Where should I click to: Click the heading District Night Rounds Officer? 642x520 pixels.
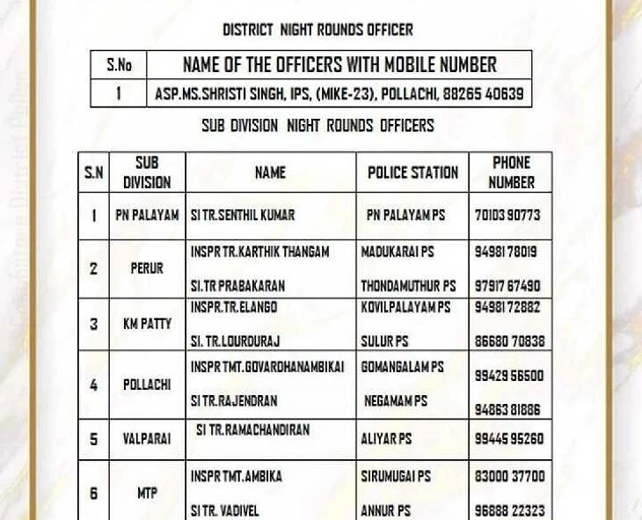[317, 30]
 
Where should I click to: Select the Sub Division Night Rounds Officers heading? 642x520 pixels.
[317, 125]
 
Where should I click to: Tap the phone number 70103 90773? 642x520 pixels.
[507, 215]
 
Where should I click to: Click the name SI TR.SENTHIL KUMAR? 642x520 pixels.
[243, 215]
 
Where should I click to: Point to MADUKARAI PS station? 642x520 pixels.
[398, 252]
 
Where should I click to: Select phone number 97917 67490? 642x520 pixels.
[507, 286]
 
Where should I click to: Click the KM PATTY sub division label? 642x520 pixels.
[147, 324]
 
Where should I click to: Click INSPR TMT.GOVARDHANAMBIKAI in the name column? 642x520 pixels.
[267, 367]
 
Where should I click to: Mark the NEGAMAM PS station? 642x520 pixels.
[396, 400]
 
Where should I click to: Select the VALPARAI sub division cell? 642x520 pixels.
[147, 438]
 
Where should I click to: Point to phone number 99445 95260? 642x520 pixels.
[508, 439]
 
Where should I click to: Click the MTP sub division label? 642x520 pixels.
[147, 494]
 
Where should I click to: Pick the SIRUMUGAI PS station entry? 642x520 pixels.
[396, 476]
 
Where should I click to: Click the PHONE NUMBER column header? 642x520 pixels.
[511, 172]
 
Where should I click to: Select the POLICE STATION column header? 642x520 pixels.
[412, 172]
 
